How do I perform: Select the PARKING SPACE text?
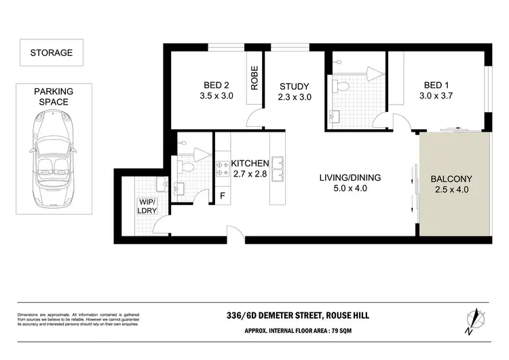tap(54, 96)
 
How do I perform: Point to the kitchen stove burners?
tap(223, 169)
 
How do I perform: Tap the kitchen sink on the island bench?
tap(279, 164)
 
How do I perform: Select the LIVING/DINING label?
tap(350, 178)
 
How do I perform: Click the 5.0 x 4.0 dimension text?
tap(350, 189)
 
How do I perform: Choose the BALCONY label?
tap(451, 180)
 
